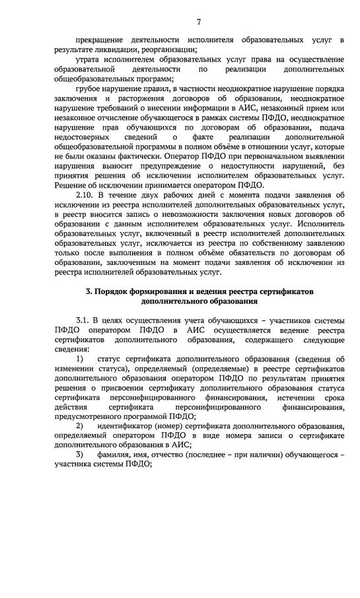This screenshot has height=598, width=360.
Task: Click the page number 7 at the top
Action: pyautogui.click(x=198, y=23)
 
